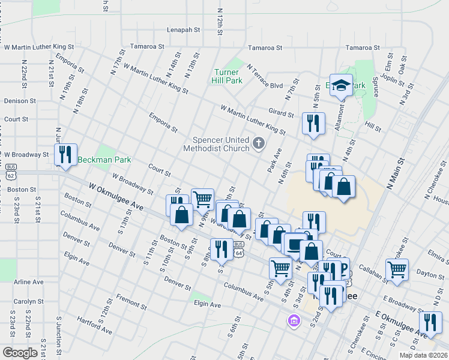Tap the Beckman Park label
click(x=105, y=160)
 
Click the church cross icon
click(x=259, y=143)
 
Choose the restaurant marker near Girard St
click(x=313, y=124)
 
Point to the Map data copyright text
click(x=423, y=355)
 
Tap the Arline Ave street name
click(x=29, y=281)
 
